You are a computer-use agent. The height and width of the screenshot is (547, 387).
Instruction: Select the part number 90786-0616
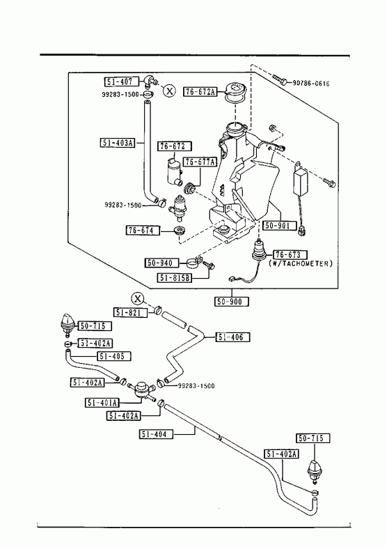[x=311, y=84]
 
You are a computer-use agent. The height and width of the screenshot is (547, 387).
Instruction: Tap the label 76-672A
[x=200, y=92]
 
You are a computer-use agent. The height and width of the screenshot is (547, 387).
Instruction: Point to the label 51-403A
[x=118, y=142]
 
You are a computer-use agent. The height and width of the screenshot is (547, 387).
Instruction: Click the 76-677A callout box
[x=200, y=162]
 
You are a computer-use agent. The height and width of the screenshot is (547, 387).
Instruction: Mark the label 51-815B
[x=175, y=278]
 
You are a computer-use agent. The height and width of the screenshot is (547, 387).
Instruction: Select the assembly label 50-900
[x=232, y=302]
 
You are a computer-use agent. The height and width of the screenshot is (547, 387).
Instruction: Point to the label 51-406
[x=232, y=337]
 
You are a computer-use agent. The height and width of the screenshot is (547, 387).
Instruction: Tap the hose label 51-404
[x=156, y=434]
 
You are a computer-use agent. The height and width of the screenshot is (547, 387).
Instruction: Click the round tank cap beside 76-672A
[x=235, y=91]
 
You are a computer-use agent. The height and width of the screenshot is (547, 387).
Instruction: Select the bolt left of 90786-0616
[x=281, y=80]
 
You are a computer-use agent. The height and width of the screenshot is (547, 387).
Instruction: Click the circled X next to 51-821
[x=138, y=299]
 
